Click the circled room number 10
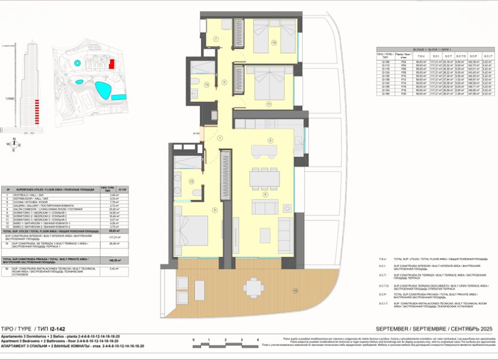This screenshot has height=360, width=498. pos(273,42)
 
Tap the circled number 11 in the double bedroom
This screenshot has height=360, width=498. pos(269,104)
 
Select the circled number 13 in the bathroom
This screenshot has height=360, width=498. pos(207,84)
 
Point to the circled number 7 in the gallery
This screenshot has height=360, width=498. pos(215,39)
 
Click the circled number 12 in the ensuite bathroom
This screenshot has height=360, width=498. pos(190,182)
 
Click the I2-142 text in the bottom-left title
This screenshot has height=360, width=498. pos(55,328)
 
